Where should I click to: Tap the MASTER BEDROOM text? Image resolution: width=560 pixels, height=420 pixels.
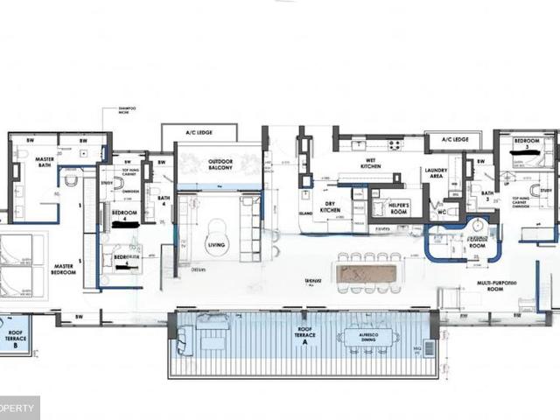(x=62, y=269)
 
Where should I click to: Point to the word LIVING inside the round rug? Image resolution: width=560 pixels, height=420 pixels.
(x=217, y=247)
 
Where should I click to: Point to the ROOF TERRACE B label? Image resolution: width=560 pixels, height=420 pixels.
(x=16, y=339)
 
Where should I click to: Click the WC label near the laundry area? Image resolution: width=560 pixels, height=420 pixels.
(x=443, y=213)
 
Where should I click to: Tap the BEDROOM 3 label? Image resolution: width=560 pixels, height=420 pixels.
(x=526, y=143)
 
